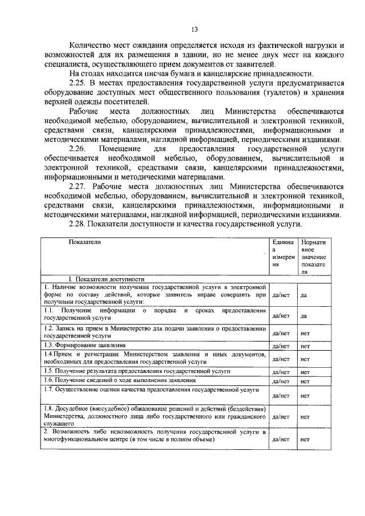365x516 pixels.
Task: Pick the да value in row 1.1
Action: click(304, 315)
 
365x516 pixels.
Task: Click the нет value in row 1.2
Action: click(305, 334)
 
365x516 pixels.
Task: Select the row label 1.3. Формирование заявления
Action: click(86, 346)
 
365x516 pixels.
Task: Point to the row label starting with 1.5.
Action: click(137, 371)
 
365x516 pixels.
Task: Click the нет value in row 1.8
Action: click(305, 417)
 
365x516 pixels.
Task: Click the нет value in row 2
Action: click(305, 439)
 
